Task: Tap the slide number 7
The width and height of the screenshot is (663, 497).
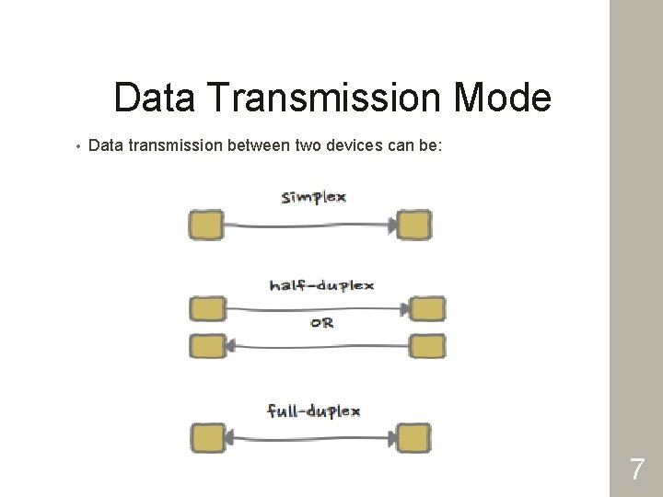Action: click(x=637, y=470)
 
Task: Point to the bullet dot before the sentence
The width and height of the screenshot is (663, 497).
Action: click(x=80, y=145)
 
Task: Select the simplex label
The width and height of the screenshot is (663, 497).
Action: click(x=313, y=197)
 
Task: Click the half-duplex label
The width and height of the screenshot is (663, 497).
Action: click(x=321, y=285)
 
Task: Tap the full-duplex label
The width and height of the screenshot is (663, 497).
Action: click(x=313, y=410)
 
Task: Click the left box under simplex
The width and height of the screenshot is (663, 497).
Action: click(x=206, y=224)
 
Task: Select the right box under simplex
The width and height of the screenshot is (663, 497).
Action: click(x=414, y=224)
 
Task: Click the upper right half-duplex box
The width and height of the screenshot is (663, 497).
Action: click(x=425, y=308)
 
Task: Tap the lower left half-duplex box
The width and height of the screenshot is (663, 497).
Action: click(x=206, y=346)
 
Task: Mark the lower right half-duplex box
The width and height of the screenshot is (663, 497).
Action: click(x=425, y=346)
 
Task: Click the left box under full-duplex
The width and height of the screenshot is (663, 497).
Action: click(x=206, y=436)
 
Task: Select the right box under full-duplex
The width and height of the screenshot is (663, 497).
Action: click(x=414, y=436)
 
